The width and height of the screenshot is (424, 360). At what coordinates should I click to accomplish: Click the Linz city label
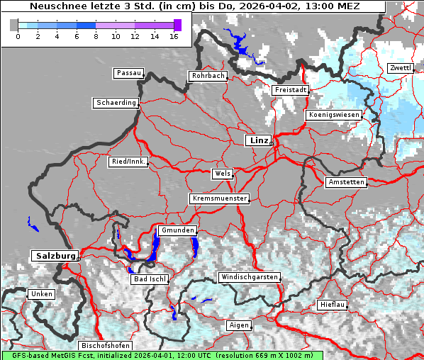point(258,140)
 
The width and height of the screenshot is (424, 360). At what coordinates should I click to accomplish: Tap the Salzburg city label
point(54,255)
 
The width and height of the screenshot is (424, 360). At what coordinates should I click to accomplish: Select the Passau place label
point(128,73)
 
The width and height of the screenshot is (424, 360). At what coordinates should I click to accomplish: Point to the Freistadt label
point(290,90)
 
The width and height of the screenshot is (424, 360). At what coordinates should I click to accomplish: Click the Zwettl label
point(400,68)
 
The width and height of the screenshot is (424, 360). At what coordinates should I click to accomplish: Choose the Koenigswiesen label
point(334,115)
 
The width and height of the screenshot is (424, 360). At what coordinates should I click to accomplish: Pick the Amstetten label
point(345,182)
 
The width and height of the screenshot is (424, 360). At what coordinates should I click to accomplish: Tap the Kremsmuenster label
point(219,198)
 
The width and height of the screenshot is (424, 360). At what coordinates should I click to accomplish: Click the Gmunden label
point(177,230)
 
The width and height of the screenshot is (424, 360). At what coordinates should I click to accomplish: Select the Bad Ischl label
point(150,279)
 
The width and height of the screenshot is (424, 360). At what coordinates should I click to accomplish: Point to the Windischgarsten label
point(249,277)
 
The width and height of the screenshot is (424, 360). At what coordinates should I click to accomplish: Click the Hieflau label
point(333,305)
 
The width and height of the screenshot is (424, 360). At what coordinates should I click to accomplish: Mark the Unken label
point(41,293)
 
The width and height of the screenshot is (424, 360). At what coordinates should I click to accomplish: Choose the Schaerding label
point(116,103)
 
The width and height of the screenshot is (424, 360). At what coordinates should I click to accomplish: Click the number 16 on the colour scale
point(173,36)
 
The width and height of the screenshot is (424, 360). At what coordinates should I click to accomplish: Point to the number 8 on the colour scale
point(96,36)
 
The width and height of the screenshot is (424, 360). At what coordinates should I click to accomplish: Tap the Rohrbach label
point(208,76)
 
